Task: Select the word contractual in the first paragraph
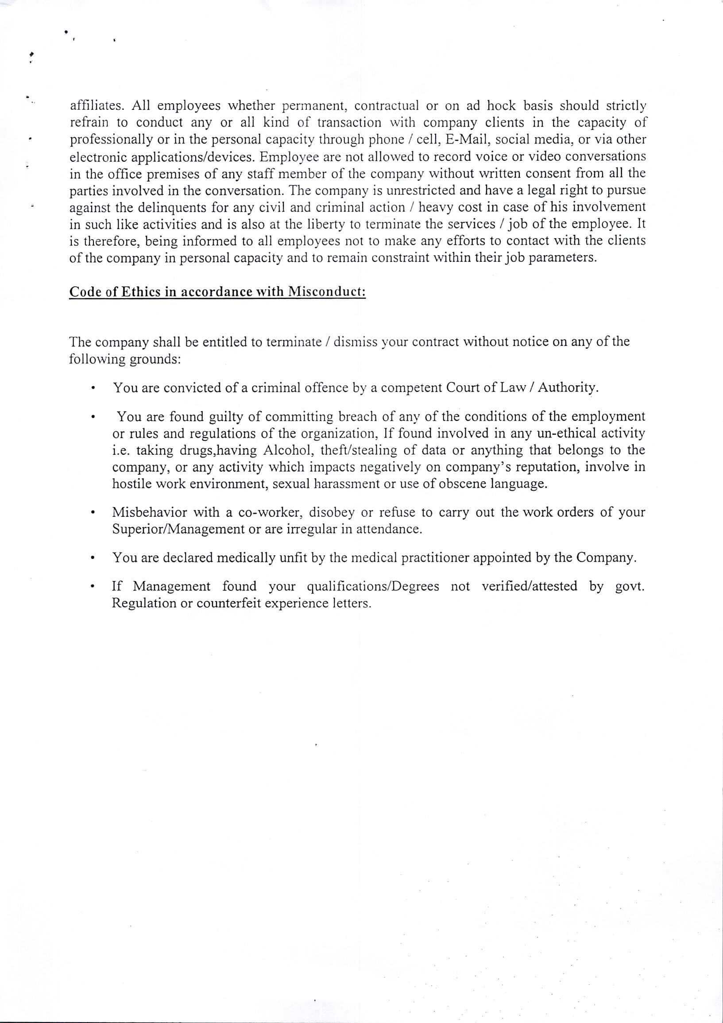coord(387,106)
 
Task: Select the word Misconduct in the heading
coord(326,292)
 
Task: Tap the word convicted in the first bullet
coord(192,388)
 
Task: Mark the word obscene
coord(462,484)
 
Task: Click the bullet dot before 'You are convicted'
coord(92,388)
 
